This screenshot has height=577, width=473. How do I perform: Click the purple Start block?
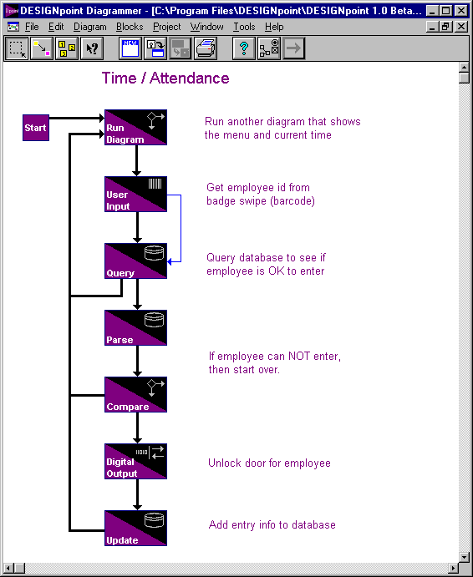tap(36, 128)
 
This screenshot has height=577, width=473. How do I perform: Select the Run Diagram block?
tap(135, 127)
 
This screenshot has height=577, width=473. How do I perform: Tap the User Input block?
tap(135, 194)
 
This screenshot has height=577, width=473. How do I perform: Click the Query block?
tap(135, 261)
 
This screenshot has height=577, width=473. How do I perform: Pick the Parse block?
tap(135, 327)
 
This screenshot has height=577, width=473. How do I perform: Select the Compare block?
tap(135, 394)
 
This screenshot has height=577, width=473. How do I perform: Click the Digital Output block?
tap(135, 461)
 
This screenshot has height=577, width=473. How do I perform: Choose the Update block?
tap(135, 528)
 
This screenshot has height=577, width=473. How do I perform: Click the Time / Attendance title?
tap(165, 78)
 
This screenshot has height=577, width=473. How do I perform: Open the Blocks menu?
tap(130, 27)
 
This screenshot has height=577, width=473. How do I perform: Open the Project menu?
tap(167, 27)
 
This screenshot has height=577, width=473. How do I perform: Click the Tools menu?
tap(244, 27)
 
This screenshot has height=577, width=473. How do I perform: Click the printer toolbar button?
tap(206, 48)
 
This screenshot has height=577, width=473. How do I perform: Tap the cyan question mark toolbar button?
tap(243, 48)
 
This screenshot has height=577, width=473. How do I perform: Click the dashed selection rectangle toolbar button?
tap(17, 48)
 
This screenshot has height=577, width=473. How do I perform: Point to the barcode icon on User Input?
tap(155, 184)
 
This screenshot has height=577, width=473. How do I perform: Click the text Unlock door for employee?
tap(269, 463)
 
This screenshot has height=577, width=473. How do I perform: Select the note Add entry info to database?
tap(272, 524)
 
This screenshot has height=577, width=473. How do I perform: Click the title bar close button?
tap(460, 11)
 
